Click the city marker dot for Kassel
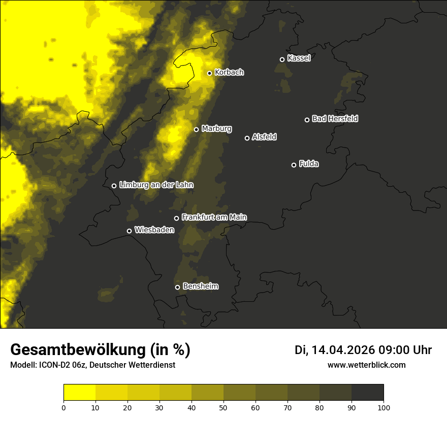pyautogui.click(x=282, y=59)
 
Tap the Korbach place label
pyautogui.click(x=229, y=73)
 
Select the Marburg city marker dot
pyautogui.click(x=196, y=129)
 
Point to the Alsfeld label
pyautogui.click(x=264, y=137)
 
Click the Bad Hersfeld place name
pyautogui.click(x=335, y=119)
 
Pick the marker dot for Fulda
pyautogui.click(x=294, y=165)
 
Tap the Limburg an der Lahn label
pyautogui.click(x=156, y=185)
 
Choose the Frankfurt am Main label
pyautogui.click(x=214, y=217)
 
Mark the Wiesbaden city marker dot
pyautogui.click(x=129, y=231)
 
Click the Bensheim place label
pyautogui.click(x=200, y=286)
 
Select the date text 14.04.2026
pyautogui.click(x=343, y=350)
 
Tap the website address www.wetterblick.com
pyautogui.click(x=366, y=365)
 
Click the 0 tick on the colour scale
pyautogui.click(x=63, y=407)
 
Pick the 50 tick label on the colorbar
pyautogui.click(x=223, y=407)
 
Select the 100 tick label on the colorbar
pyautogui.click(x=384, y=407)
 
